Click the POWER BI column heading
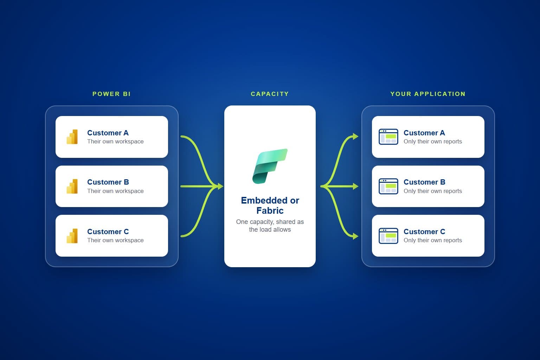pyautogui.click(x=111, y=94)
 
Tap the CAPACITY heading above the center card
pyautogui.click(x=270, y=94)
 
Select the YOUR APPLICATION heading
pyautogui.click(x=428, y=94)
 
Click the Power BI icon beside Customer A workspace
pyautogui.click(x=72, y=137)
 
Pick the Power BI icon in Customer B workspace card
pyautogui.click(x=72, y=186)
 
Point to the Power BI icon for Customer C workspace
pyautogui.click(x=72, y=236)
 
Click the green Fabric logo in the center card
pyautogui.click(x=270, y=166)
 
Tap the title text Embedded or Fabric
pyautogui.click(x=270, y=205)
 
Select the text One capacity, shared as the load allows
pyautogui.click(x=270, y=225)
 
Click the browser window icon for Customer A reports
pyautogui.click(x=388, y=137)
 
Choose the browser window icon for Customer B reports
pyautogui.click(x=388, y=186)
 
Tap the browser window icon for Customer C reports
pyautogui.click(x=388, y=236)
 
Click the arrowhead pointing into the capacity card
pyautogui.click(x=220, y=186)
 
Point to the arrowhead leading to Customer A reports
pyautogui.click(x=355, y=136)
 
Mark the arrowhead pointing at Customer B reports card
pyautogui.click(x=355, y=186)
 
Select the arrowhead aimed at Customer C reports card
pyautogui.click(x=355, y=236)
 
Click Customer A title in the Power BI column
pyautogui.click(x=108, y=133)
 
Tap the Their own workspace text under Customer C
pyautogui.click(x=115, y=240)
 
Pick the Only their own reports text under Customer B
pyautogui.click(x=433, y=191)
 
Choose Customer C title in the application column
pyautogui.click(x=424, y=231)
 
